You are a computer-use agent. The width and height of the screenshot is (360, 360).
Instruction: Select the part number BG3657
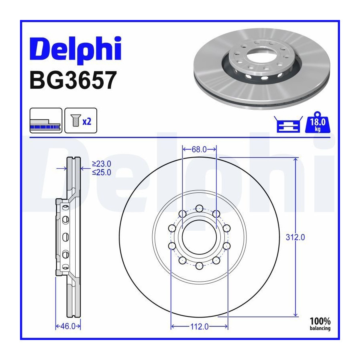73,80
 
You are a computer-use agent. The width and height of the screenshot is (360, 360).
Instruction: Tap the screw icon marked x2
81,120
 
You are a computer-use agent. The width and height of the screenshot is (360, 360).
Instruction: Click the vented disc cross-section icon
46,120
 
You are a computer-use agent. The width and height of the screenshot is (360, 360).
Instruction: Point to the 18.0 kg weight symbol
318,123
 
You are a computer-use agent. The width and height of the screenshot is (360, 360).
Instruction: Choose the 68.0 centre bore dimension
199,150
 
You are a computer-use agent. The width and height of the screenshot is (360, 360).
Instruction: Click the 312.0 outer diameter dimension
295,237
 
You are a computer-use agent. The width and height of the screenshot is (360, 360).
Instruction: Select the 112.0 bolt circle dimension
199,326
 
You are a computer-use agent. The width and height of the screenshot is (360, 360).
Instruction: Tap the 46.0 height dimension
68,326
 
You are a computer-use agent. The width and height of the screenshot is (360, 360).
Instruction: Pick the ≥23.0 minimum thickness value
102,164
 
